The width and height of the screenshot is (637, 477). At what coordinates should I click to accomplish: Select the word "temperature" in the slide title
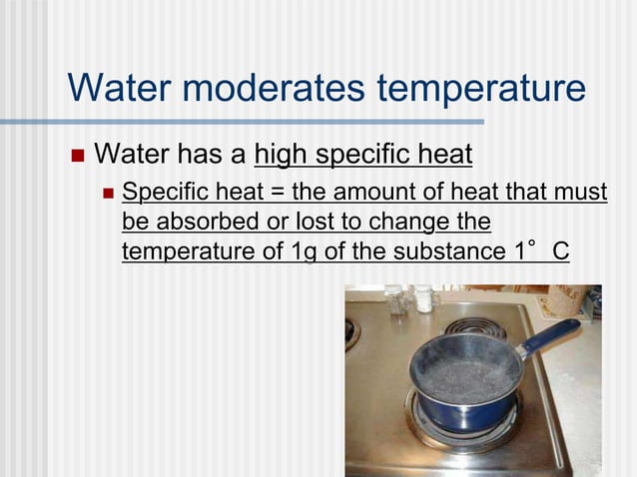[480, 88]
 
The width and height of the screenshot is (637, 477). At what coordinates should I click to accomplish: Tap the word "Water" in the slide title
[111, 88]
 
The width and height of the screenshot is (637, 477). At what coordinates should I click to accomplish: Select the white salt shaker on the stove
[424, 296]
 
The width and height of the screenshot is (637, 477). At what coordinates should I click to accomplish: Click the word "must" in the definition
[581, 191]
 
